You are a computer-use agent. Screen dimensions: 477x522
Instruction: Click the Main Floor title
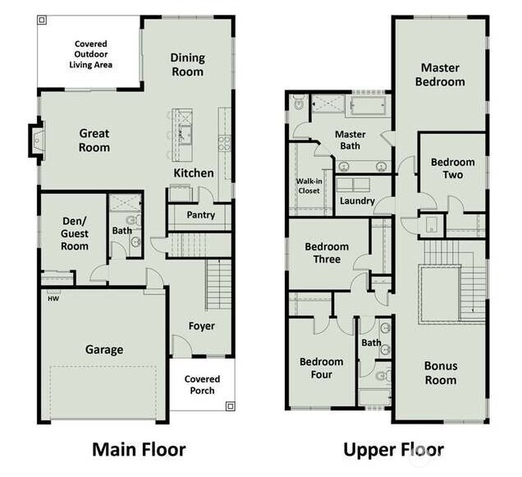coord(138,449)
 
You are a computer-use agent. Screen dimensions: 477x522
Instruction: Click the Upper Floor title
coord(393,449)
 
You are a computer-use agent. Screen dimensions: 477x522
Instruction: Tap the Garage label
coord(104,350)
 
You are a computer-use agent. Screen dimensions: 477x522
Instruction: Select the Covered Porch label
coord(202,384)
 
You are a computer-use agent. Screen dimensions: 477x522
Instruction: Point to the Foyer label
coord(201,326)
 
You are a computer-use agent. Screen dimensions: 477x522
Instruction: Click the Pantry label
coord(200,216)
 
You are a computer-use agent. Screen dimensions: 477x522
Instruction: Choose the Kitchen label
coord(194,173)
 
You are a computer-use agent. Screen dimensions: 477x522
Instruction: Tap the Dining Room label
coord(187,65)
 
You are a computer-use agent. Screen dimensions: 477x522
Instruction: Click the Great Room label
coord(94,140)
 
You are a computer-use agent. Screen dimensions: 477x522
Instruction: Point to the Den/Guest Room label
coord(75,233)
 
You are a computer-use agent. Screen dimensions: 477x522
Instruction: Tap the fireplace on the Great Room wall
coord(35,140)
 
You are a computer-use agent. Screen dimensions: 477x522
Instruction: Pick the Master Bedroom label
coord(440,75)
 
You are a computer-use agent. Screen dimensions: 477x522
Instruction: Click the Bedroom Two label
coord(452,168)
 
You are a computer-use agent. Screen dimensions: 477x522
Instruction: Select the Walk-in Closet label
coord(309,186)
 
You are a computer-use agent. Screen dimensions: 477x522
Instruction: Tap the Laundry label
coord(357,201)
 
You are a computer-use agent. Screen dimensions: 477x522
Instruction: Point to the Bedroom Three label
coord(327,253)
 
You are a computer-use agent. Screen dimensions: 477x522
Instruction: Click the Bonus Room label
coord(440,373)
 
